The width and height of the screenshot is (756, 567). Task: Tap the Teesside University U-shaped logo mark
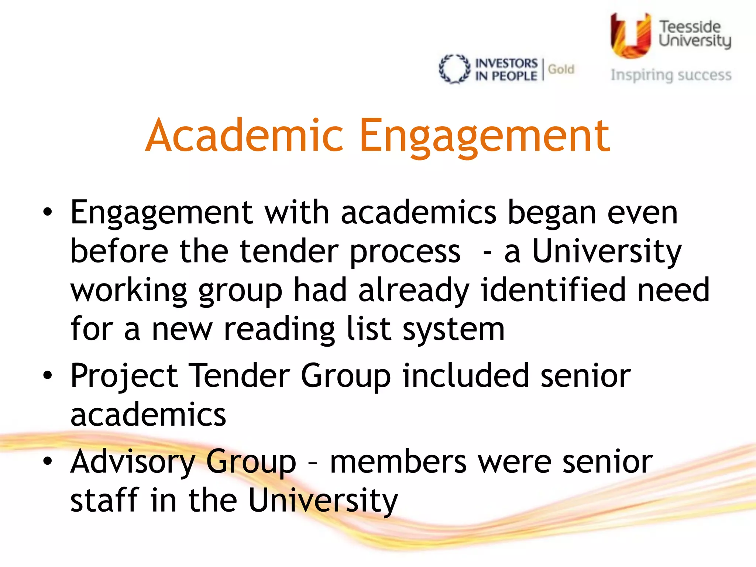(x=630, y=35)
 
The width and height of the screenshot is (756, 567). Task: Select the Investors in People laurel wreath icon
(x=454, y=69)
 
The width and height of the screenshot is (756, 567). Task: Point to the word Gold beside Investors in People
(x=561, y=69)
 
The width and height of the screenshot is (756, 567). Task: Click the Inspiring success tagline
(x=671, y=75)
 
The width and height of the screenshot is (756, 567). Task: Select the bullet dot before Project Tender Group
(x=47, y=376)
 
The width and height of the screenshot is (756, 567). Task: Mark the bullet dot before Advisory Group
(x=47, y=461)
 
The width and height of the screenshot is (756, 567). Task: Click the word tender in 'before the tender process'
(x=289, y=251)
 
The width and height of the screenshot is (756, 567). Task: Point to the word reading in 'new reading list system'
(x=279, y=329)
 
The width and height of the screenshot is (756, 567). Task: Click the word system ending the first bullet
(x=453, y=329)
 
